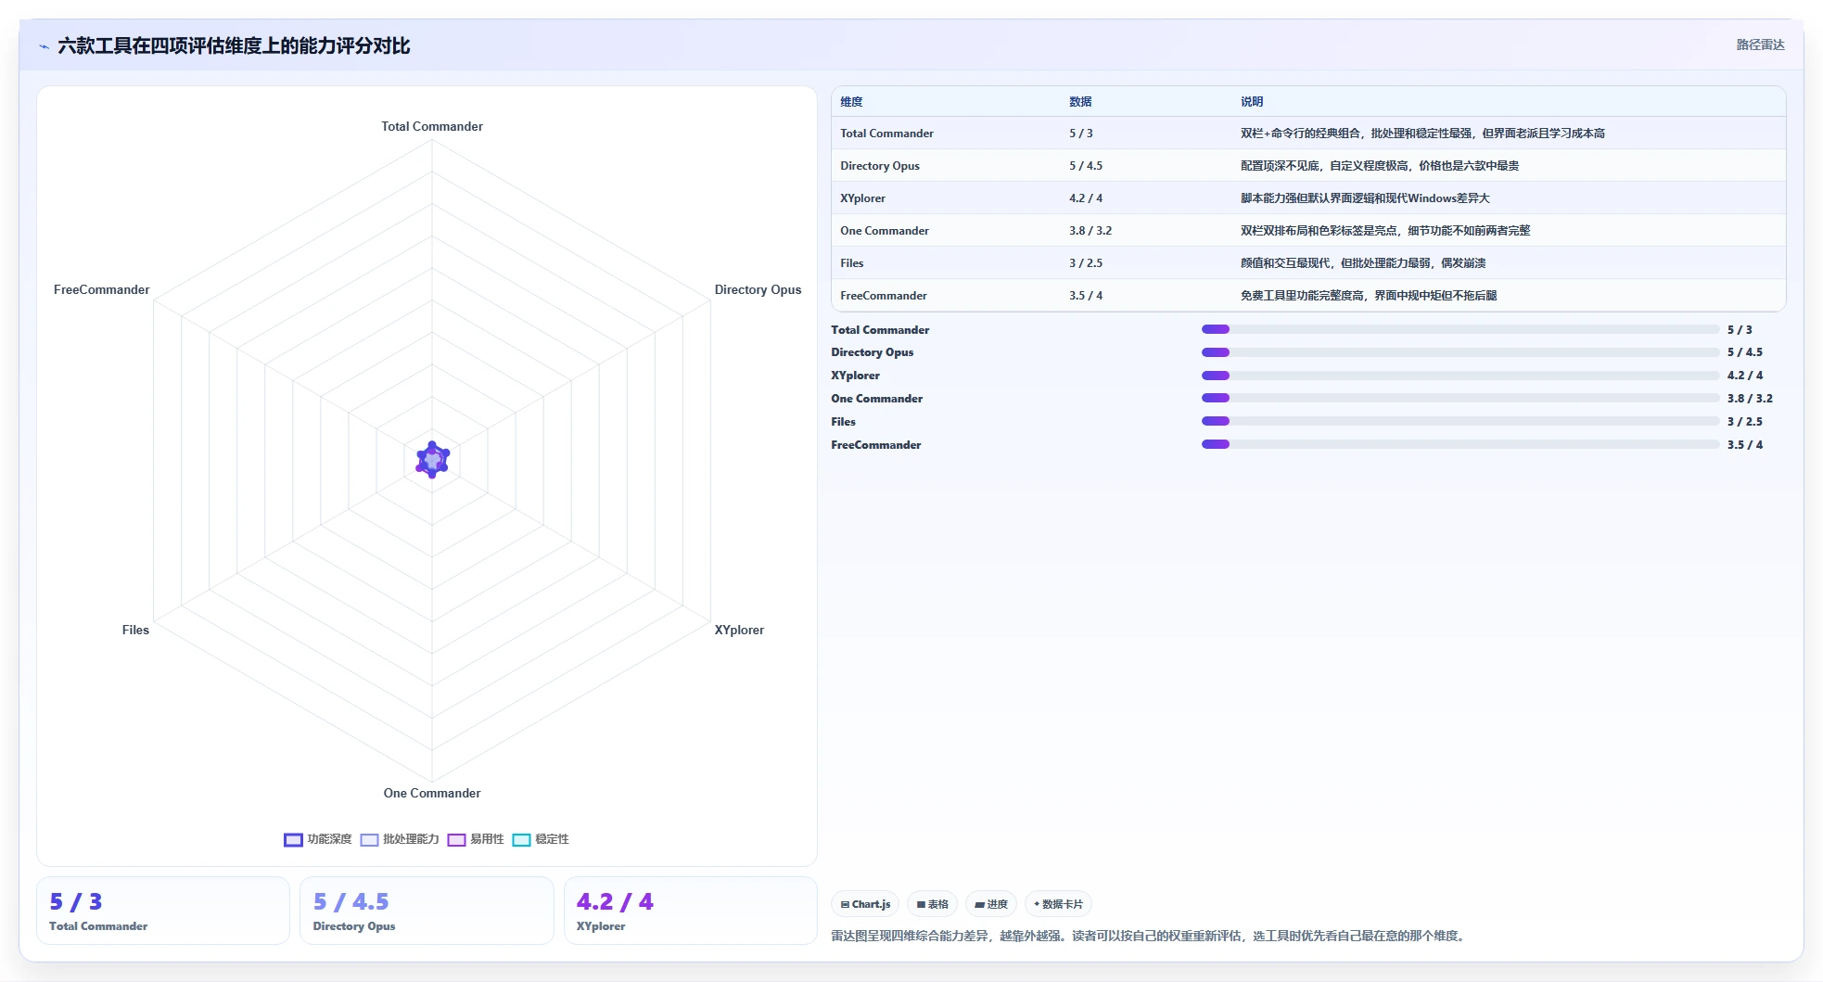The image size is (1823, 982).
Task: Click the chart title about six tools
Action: (234, 45)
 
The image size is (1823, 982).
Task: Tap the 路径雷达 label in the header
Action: (1760, 45)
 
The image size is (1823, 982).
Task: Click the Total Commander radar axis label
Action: (432, 126)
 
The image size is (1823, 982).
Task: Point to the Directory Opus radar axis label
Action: (758, 289)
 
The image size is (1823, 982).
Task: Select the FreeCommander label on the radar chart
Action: (101, 289)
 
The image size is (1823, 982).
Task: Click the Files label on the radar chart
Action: (135, 630)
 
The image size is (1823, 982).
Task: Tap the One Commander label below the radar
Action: (432, 793)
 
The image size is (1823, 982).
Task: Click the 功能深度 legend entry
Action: (318, 839)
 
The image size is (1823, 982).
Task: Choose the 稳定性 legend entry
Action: (541, 839)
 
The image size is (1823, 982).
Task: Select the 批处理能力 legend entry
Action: (400, 839)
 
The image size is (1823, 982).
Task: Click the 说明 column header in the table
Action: (1252, 102)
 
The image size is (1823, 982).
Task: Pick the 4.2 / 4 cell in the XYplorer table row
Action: (1086, 198)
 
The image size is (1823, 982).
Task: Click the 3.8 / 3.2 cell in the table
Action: (1090, 231)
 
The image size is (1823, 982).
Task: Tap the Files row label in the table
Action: (852, 263)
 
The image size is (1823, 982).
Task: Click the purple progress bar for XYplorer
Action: (1216, 376)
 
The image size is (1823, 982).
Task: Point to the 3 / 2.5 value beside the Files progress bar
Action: (1745, 422)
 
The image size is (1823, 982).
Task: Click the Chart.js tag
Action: (865, 904)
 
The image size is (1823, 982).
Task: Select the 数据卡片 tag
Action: (1058, 904)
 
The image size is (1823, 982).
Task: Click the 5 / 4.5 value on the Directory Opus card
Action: (351, 901)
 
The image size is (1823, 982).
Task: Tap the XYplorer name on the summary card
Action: (601, 926)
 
